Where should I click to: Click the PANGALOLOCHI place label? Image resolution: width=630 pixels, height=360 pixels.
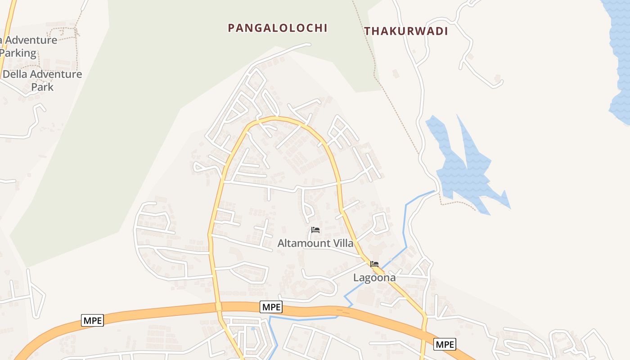[x=277, y=28]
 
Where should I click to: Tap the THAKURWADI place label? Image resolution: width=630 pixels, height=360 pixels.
[x=406, y=31]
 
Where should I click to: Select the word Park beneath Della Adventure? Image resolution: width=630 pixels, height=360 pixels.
[x=42, y=87]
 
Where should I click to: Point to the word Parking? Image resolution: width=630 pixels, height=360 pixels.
[x=18, y=53]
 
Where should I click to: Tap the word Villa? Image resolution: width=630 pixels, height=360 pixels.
[x=342, y=243]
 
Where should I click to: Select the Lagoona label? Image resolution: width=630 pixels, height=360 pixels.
[x=374, y=277]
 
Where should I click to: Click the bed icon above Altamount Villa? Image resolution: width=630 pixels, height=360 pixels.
[x=315, y=230]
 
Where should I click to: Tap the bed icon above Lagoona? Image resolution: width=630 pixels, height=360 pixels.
[x=374, y=264]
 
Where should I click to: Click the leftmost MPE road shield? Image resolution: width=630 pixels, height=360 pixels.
[x=93, y=320]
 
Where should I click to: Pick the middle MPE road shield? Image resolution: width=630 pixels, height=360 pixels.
[x=271, y=307]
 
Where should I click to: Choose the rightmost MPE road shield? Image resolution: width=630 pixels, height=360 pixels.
[x=445, y=344]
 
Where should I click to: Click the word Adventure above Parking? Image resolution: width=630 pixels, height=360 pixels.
[x=31, y=40]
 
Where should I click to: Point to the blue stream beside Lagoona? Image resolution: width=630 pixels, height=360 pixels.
[x=405, y=225]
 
